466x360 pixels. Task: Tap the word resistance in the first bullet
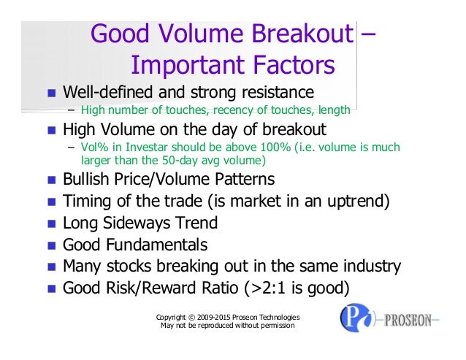click(x=272, y=93)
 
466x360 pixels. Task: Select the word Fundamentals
click(x=157, y=245)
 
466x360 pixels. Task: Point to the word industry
click(x=372, y=266)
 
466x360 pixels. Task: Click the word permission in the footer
click(x=273, y=326)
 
